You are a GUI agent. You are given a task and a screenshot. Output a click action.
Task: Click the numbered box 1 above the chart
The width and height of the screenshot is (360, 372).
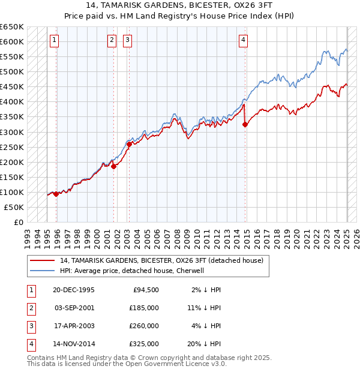[x=54, y=40]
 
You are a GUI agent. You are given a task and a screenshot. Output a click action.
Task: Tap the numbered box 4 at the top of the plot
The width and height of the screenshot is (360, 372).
[x=243, y=40]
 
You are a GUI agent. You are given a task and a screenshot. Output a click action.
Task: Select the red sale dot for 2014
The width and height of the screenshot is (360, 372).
[x=245, y=124]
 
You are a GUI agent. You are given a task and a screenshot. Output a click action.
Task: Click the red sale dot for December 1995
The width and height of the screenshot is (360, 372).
[x=56, y=194]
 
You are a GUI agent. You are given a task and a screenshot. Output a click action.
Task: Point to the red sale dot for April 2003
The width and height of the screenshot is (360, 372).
[x=129, y=144]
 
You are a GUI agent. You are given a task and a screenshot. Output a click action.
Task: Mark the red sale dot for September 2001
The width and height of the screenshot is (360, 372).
[x=113, y=166]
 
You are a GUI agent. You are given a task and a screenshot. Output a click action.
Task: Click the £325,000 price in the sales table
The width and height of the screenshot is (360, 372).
[x=145, y=344]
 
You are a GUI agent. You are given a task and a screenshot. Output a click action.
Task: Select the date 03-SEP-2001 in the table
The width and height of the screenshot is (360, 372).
[x=74, y=308]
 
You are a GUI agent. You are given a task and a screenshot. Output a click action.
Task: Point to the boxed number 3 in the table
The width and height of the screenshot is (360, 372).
[x=31, y=326]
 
